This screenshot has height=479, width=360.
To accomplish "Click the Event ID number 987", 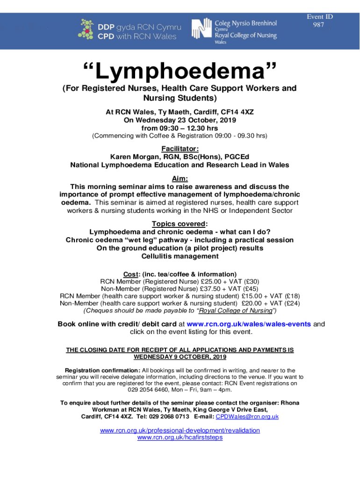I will pos(318,25).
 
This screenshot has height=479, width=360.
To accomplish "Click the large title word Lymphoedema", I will pos(180,72).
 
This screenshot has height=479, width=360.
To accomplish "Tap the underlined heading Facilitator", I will pos(180,149).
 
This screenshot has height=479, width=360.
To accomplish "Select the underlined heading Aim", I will pos(180,179).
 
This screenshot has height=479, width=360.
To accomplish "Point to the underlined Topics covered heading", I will pos(179,224).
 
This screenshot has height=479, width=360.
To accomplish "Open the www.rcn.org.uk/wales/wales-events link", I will pos(249,324).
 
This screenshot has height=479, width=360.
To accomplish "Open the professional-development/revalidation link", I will pos(180,430).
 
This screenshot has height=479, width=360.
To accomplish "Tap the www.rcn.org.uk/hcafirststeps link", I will pos(180,437).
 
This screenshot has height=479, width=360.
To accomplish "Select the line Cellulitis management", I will pos(180,256).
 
